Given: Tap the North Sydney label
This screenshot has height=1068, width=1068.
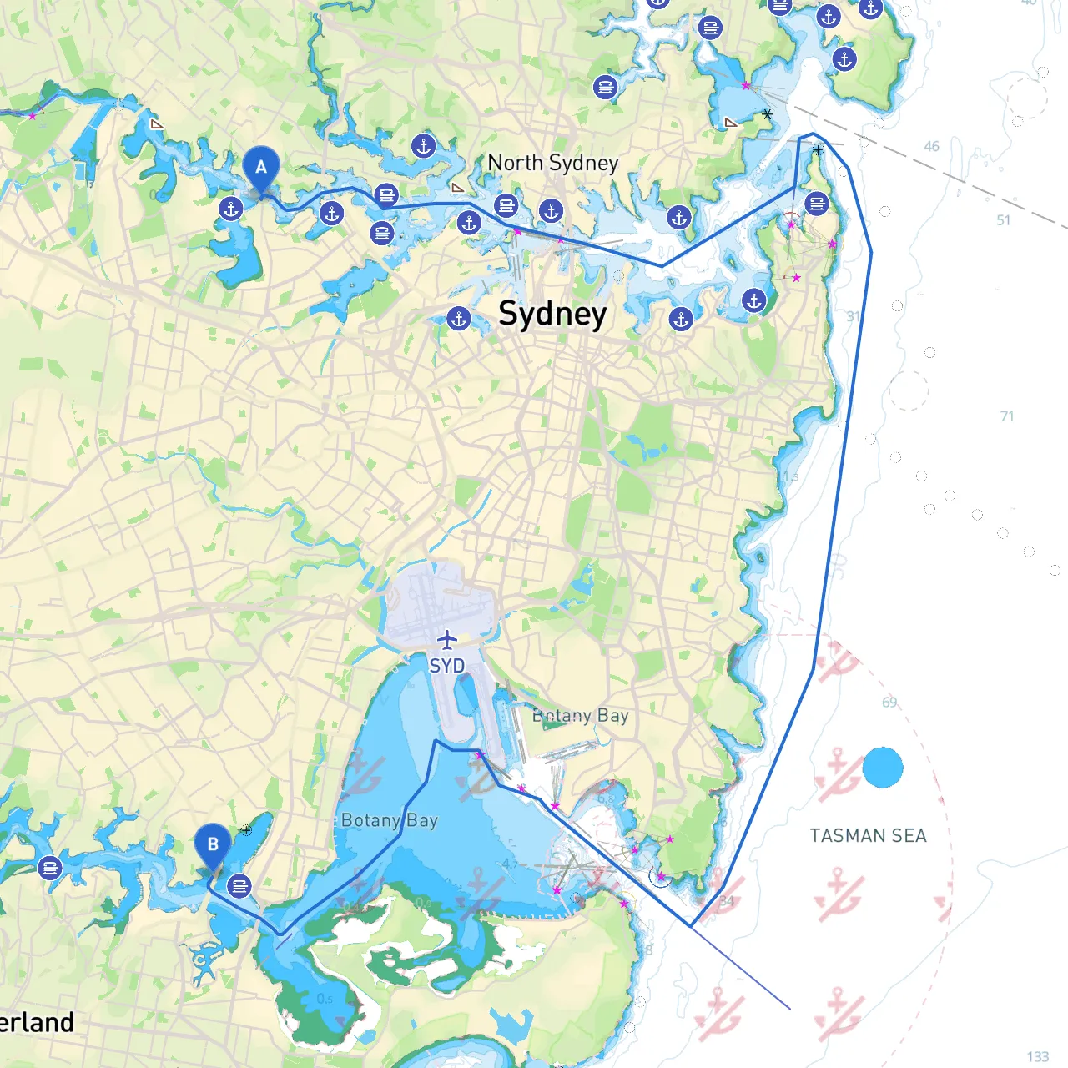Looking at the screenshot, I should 552,163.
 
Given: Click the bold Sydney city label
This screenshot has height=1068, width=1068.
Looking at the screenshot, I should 552,315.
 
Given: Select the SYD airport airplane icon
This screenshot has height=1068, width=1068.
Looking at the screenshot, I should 447,640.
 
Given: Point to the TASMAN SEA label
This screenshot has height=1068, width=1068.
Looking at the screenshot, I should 869,835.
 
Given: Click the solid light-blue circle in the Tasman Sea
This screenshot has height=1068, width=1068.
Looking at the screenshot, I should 883,767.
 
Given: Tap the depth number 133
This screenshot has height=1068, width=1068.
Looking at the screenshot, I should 1038,1056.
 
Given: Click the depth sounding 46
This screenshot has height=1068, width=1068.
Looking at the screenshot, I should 931,147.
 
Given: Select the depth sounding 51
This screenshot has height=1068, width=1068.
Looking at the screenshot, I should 1003,220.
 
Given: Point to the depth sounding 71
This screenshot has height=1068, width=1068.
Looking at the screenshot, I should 1007,416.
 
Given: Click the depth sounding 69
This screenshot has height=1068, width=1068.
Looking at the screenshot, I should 889,703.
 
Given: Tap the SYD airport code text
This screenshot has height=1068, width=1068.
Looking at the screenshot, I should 447,666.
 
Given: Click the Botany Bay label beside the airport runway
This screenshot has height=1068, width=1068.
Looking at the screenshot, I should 581,716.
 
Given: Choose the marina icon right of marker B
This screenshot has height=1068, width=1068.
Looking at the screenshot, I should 239,885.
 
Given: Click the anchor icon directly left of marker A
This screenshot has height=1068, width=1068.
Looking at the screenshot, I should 231,209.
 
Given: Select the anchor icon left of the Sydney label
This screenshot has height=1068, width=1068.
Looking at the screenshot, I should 458,318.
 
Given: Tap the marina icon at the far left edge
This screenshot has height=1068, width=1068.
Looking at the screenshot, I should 50,868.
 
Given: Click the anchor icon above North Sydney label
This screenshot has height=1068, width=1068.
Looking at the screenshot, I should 424,147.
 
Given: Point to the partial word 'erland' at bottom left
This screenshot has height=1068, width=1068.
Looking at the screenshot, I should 38,1022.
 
